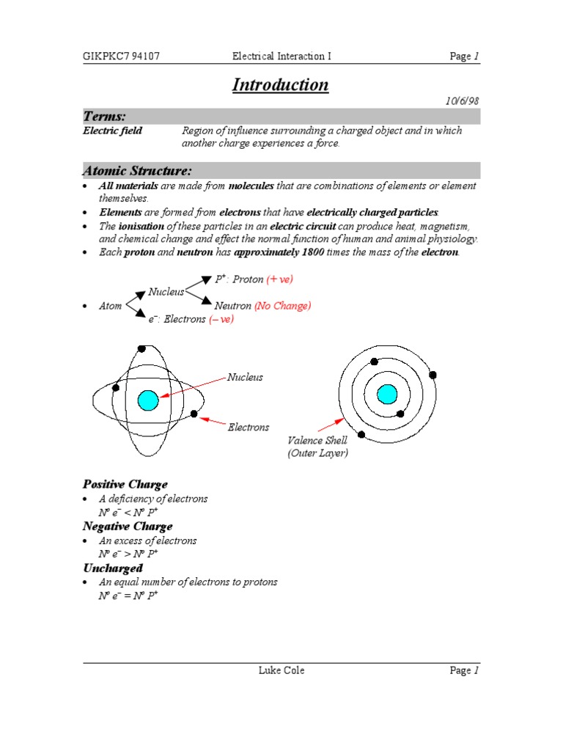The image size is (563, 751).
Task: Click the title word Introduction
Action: pyautogui.click(x=280, y=85)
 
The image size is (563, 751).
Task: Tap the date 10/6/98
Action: pyautogui.click(x=463, y=102)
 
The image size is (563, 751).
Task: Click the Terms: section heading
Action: pyautogui.click(x=104, y=117)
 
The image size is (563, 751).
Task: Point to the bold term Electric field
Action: pyautogui.click(x=112, y=131)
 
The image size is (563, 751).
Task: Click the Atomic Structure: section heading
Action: pyautogui.click(x=137, y=171)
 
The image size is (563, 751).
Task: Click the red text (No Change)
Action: pyautogui.click(x=282, y=306)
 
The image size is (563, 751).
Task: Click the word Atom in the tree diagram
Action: pyautogui.click(x=111, y=307)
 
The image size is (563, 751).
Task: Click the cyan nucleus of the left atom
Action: pyautogui.click(x=148, y=400)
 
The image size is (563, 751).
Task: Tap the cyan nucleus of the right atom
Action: pyautogui.click(x=386, y=395)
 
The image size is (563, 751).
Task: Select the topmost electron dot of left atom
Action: pyautogui.click(x=141, y=348)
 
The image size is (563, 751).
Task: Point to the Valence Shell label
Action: pyautogui.click(x=317, y=441)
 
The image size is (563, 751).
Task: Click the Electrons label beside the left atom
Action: pyautogui.click(x=248, y=427)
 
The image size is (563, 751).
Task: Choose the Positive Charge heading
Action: pyautogui.click(x=125, y=484)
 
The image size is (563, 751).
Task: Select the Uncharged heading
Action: pyautogui.click(x=112, y=568)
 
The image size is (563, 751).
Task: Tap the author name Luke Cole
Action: pyautogui.click(x=281, y=670)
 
